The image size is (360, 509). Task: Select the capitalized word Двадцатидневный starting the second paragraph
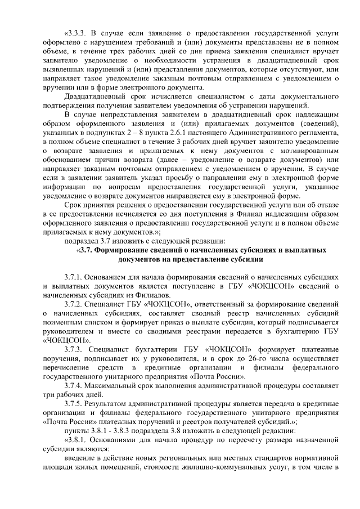click(x=93, y=98)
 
